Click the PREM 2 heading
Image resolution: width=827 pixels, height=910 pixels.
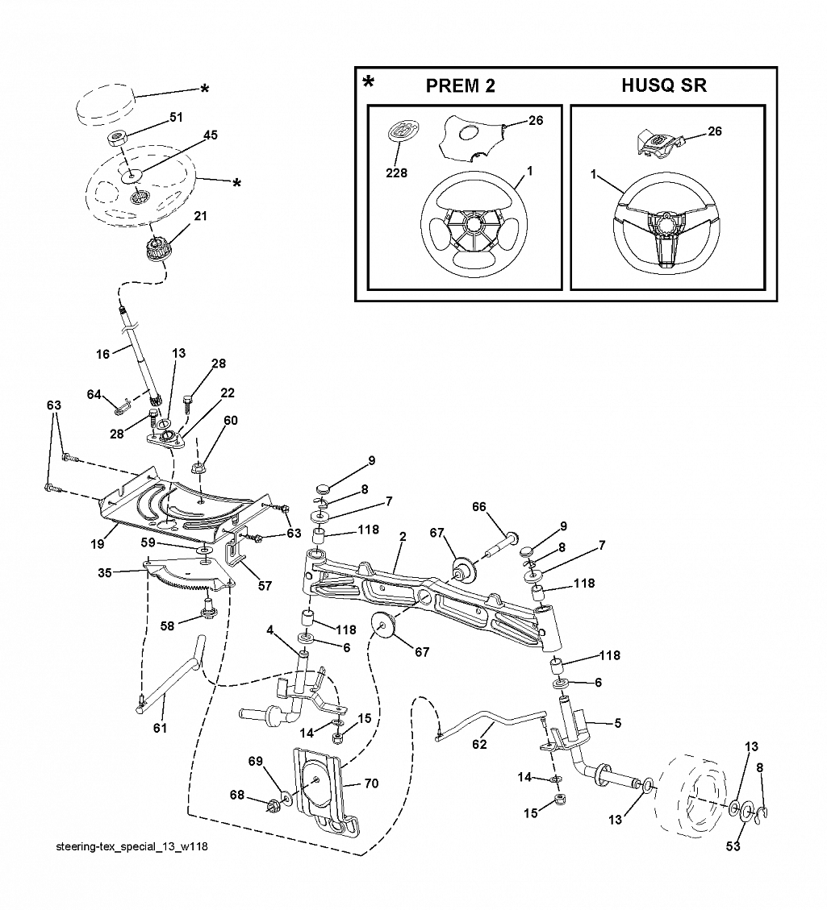[460, 86]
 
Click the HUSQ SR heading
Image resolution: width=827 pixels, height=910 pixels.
[664, 85]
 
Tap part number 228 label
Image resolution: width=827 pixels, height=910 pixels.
[397, 173]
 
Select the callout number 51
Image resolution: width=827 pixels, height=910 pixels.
[176, 117]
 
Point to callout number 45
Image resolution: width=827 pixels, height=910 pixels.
[211, 135]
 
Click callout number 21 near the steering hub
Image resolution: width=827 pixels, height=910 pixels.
[200, 216]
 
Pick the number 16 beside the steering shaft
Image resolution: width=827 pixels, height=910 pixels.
[102, 355]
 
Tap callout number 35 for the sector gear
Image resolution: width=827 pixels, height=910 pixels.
[105, 573]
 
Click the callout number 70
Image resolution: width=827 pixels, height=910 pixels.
[371, 783]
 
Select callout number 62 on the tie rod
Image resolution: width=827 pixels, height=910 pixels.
[479, 744]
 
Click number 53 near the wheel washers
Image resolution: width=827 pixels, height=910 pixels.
[733, 847]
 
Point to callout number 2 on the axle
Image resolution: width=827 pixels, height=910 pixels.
[403, 538]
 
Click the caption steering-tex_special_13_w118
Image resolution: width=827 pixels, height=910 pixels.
[132, 847]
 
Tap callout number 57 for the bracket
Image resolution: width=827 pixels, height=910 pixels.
[265, 586]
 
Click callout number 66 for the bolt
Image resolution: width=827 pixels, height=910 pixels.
[478, 507]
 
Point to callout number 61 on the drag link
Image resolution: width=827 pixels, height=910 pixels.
[160, 728]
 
